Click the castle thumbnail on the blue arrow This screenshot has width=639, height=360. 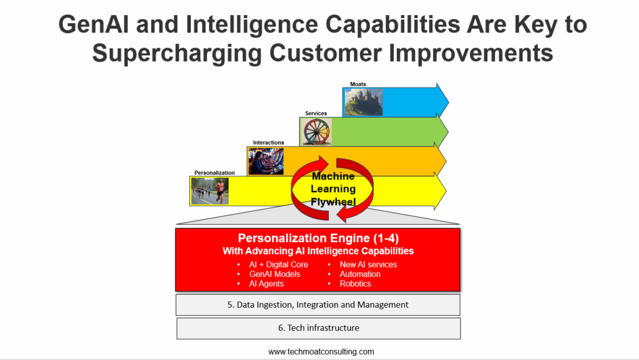click(364, 102)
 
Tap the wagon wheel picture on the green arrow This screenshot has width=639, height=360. click(316, 132)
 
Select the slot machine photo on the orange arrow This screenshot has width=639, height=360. click(266, 161)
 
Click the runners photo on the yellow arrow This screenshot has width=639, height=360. click(210, 191)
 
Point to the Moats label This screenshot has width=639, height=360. click(358, 84)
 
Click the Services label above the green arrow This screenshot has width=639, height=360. click(316, 114)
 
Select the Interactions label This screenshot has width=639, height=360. click(268, 142)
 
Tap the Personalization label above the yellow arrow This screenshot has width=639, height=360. click(215, 173)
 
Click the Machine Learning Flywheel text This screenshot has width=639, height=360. click(333, 189)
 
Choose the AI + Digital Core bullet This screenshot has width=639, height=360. click(278, 265)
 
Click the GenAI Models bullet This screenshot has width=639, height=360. click(275, 274)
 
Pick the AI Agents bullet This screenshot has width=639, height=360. click(266, 284)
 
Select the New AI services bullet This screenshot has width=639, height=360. click(368, 265)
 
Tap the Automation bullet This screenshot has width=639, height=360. click(360, 274)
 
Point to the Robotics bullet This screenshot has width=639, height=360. click(355, 284)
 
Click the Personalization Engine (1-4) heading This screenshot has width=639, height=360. click(318, 238)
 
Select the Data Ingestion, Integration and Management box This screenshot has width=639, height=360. click(318, 304)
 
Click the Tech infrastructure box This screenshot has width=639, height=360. click(319, 328)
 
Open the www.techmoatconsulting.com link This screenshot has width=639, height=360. click(321, 351)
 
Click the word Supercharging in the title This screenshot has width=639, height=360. click(177, 54)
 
